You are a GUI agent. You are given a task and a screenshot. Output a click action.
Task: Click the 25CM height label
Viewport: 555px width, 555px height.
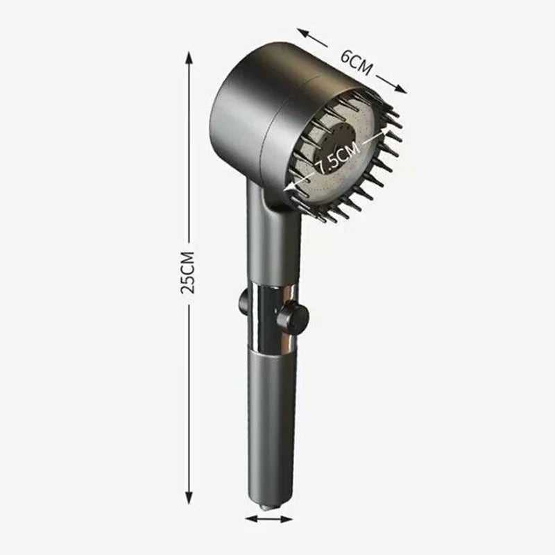187,271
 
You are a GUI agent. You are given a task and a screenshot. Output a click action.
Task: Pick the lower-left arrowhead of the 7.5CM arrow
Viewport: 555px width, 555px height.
291,187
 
